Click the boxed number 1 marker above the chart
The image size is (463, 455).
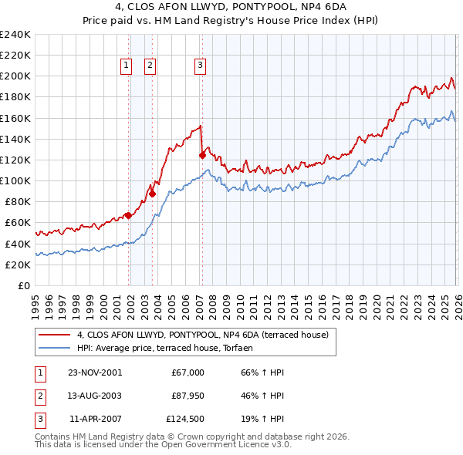click(125, 66)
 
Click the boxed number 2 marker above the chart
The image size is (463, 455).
click(149, 66)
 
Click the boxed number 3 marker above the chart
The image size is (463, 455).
click(200, 66)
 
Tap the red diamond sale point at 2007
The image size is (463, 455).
click(202, 155)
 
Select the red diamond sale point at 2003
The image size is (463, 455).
click(153, 194)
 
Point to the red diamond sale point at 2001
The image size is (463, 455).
click(129, 215)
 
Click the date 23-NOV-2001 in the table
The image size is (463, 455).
click(94, 372)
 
